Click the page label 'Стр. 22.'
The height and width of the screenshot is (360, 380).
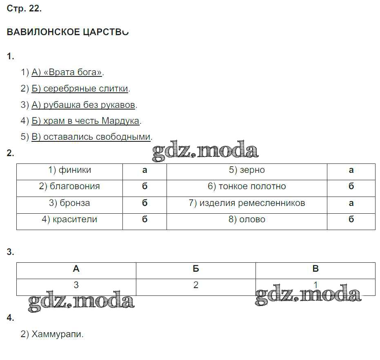click(24, 9)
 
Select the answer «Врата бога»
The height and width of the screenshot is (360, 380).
click(73, 72)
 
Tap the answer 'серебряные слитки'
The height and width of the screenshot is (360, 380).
click(86, 89)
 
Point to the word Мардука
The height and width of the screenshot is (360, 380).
click(120, 121)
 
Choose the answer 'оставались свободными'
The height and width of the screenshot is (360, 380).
click(97, 137)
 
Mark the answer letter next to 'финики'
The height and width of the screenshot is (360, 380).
click(144, 170)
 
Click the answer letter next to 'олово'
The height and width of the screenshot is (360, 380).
click(351, 219)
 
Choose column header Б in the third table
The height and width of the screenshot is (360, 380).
click(196, 269)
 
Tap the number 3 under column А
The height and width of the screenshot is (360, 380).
click(76, 285)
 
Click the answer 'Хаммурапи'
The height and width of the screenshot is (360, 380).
click(58, 334)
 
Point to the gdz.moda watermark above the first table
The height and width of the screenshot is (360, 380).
click(205, 150)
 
